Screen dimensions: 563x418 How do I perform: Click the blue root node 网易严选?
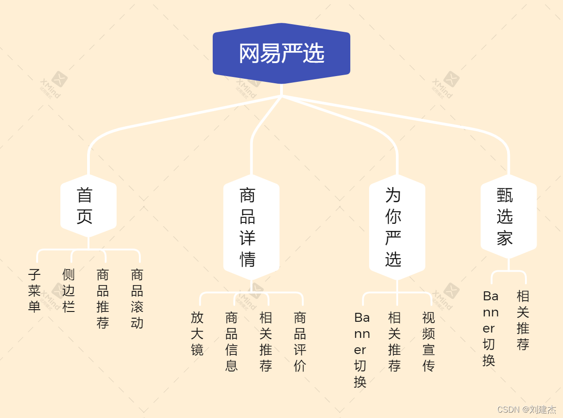(x=281, y=54)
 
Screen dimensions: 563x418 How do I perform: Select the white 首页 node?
(x=88, y=206)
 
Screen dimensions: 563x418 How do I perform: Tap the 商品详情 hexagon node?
(x=251, y=227)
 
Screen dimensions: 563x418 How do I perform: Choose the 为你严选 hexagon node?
(x=397, y=227)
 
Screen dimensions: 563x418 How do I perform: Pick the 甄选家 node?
(x=508, y=217)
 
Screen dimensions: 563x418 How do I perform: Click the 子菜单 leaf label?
(x=34, y=290)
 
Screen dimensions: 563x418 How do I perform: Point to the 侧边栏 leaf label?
(x=68, y=290)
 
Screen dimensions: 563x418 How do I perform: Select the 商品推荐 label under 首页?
(x=103, y=299)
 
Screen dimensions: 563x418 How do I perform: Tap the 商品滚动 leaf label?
(x=137, y=299)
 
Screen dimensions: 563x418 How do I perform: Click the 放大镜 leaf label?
(x=197, y=333)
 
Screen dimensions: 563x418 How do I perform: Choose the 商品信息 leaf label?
(x=231, y=341)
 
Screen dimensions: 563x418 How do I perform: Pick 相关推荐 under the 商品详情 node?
(x=266, y=341)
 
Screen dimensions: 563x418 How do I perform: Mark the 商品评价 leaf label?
(x=300, y=341)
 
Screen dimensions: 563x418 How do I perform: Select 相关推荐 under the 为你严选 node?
(x=395, y=341)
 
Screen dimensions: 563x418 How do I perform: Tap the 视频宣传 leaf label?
(x=429, y=341)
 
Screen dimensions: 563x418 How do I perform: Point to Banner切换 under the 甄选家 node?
(x=490, y=328)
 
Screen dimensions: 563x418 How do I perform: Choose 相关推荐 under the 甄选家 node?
(x=523, y=320)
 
